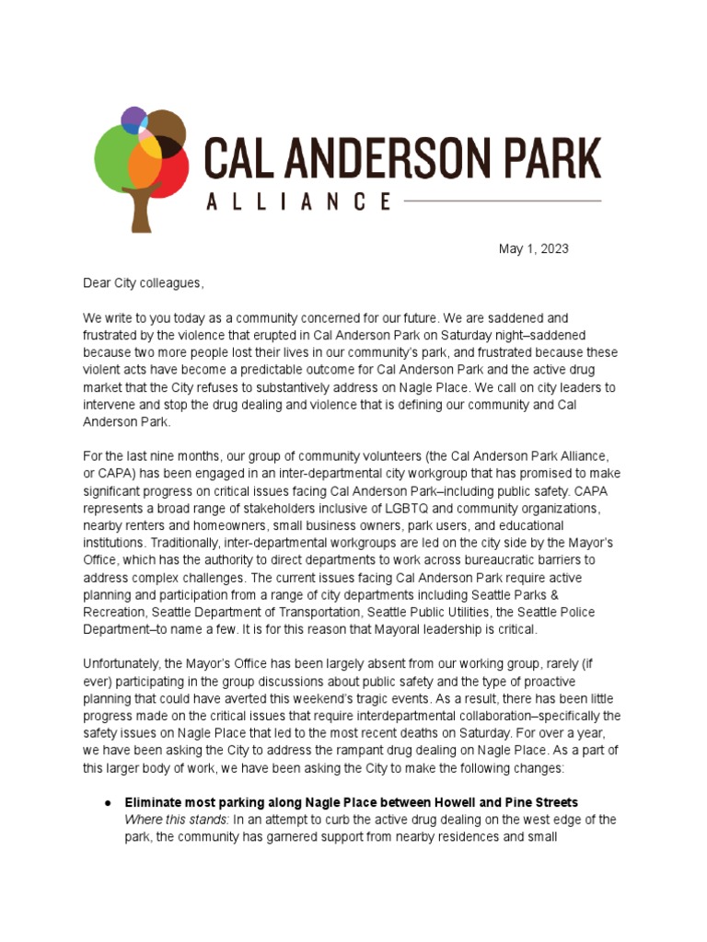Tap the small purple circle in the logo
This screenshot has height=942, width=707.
click(x=133, y=119)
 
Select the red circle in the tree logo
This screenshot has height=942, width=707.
click(x=173, y=173)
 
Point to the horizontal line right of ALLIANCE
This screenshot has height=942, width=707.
click(x=502, y=201)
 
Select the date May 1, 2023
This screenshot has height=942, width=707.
click(x=533, y=249)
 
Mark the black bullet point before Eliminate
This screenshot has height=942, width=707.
click(x=108, y=803)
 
